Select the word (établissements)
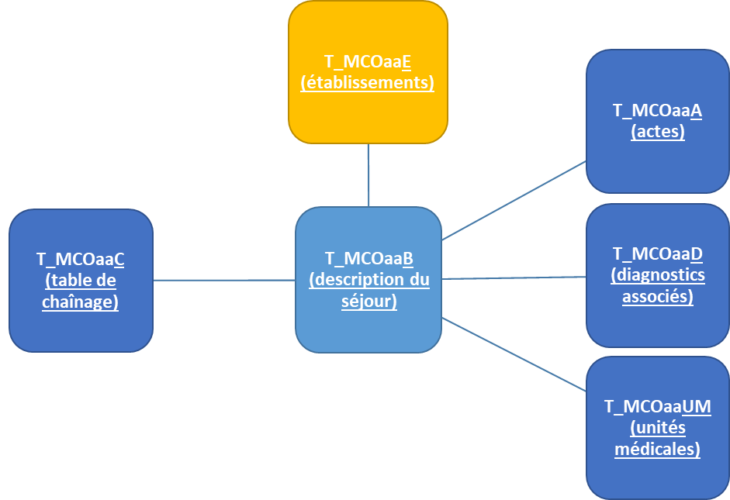[x=368, y=82]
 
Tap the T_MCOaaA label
[x=658, y=111]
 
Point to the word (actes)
[x=658, y=132]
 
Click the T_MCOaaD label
[x=658, y=253]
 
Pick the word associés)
[x=658, y=296]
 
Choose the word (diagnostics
[x=658, y=274]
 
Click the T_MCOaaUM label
[x=658, y=407]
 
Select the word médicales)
[x=658, y=449]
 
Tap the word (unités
[x=658, y=428]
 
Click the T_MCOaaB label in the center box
[x=368, y=259]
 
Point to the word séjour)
[x=368, y=301]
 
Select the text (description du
[x=368, y=280]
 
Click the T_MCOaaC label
[x=81, y=259]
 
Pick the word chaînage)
[x=81, y=301]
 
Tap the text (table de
[x=81, y=280]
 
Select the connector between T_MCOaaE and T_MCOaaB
[x=368, y=175]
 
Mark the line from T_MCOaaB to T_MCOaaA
[x=514, y=201]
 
